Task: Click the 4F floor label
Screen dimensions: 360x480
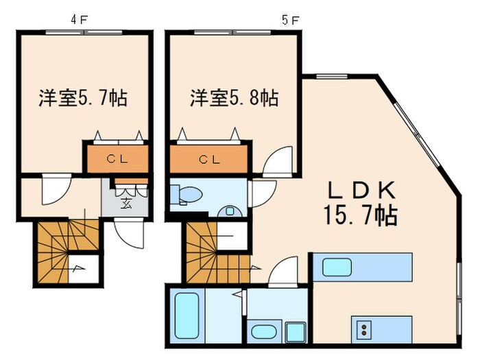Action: [79, 19]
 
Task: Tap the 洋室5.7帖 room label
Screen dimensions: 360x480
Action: [83, 98]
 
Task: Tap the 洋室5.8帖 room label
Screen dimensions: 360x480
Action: [235, 98]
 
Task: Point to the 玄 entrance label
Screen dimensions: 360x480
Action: [127, 202]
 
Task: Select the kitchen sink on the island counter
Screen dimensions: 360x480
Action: [337, 266]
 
